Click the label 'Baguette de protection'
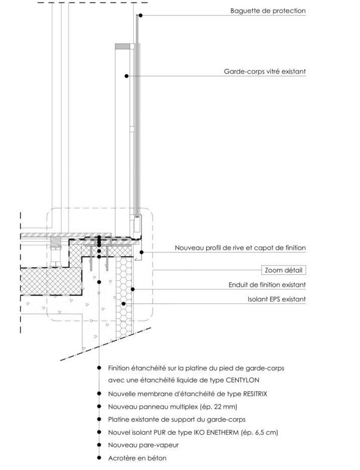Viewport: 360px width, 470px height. (267, 11)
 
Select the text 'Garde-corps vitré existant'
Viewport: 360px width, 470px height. (264, 71)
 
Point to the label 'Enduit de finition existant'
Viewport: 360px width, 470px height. (267, 285)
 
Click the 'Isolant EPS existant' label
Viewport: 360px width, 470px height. (275, 299)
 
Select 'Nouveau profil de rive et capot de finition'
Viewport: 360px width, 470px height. (240, 248)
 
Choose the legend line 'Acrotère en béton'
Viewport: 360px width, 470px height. (137, 458)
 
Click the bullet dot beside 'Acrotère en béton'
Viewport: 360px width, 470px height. (100, 458)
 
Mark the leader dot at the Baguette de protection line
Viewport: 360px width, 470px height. (141, 15)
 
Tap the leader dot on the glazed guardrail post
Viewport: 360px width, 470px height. (126, 76)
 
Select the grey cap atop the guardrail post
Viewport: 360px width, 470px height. (122, 46)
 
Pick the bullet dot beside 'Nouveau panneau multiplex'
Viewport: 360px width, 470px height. (100, 406)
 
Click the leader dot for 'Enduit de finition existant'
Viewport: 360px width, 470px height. (133, 289)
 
